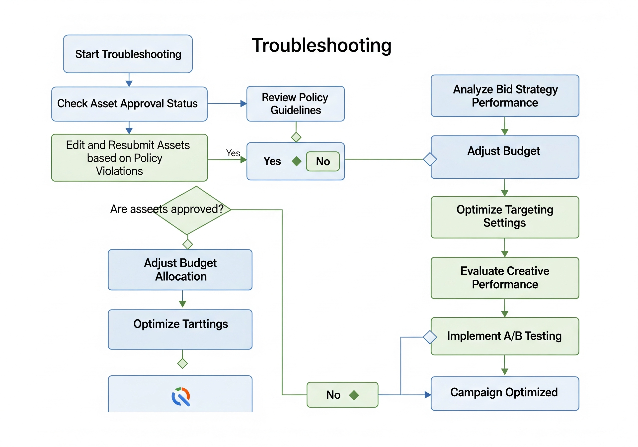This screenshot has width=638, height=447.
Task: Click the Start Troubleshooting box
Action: [x=128, y=54]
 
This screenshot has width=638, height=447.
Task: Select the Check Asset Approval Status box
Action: [x=129, y=104]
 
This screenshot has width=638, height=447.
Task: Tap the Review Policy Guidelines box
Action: [x=295, y=104]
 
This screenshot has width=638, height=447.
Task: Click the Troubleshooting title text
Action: [x=321, y=45]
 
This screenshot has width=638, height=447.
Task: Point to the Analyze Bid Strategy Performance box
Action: [x=505, y=96]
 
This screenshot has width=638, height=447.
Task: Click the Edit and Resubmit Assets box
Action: [x=129, y=158]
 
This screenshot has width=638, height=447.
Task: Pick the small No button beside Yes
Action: [x=322, y=161]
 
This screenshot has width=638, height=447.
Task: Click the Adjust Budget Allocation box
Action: [x=180, y=270]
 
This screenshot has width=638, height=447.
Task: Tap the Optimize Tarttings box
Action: [x=180, y=329]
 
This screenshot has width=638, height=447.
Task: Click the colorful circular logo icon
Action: [x=181, y=396]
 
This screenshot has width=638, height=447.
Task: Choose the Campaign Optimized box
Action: [x=505, y=393]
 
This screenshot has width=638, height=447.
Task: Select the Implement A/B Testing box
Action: [x=505, y=336]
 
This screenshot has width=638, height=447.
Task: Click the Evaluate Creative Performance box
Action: [x=505, y=278]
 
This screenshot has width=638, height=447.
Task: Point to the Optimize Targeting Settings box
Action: [x=505, y=217]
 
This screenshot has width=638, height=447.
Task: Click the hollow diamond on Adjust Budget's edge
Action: [x=430, y=159]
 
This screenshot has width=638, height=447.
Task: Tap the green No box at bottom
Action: [x=342, y=395]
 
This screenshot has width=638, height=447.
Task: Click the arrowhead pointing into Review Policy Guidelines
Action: [x=243, y=104]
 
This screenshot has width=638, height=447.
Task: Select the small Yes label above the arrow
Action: [x=233, y=153]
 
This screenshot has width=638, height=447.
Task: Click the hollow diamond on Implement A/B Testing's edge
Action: [x=430, y=337]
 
